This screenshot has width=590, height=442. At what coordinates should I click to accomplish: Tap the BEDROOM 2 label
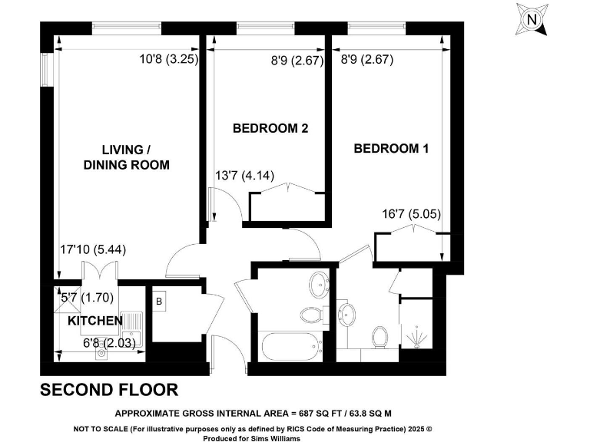[270, 129]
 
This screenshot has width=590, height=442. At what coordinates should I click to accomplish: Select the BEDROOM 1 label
[391, 149]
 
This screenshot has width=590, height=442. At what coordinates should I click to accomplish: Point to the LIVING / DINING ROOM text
[126, 157]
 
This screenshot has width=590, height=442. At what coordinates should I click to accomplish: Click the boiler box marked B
[160, 302]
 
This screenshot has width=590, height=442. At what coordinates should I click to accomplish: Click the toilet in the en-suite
[379, 336]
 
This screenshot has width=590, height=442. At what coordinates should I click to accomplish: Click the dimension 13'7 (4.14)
[245, 176]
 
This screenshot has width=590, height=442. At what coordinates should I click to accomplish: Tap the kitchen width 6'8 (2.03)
[111, 344]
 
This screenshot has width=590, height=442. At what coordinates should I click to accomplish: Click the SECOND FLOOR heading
[109, 390]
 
